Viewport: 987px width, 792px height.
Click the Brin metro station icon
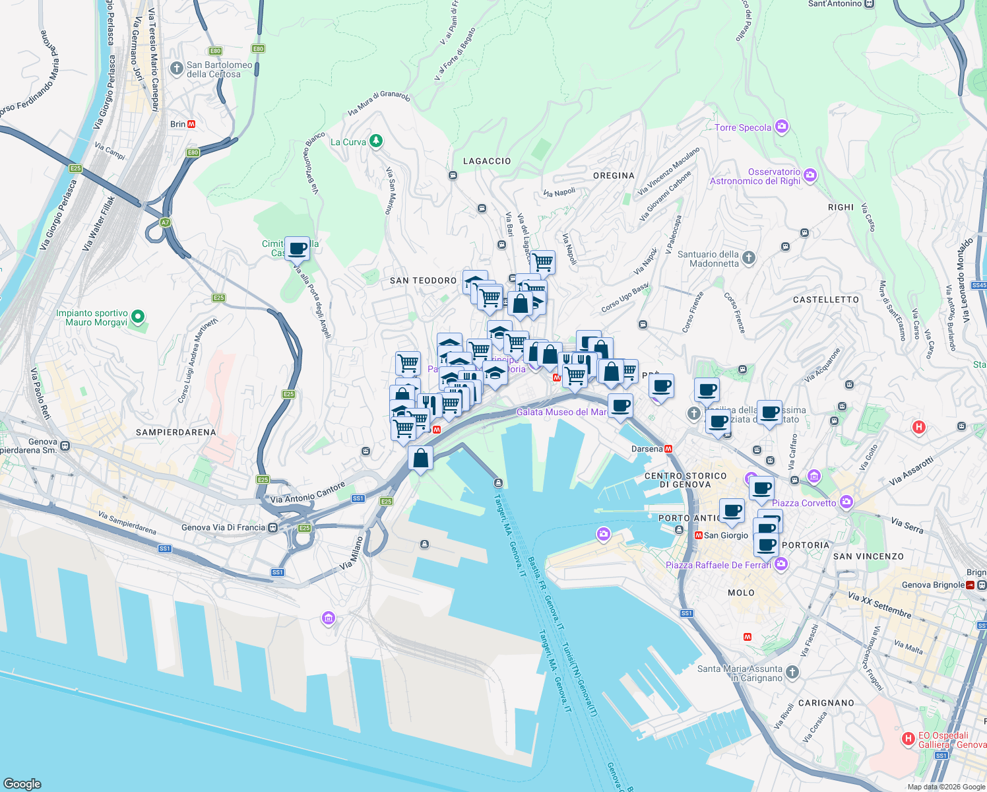click(191, 124)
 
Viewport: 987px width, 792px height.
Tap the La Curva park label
click(348, 142)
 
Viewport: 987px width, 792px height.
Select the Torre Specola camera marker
click(782, 126)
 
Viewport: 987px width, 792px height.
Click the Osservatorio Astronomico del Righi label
click(755, 177)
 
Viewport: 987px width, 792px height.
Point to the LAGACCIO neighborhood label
click(487, 161)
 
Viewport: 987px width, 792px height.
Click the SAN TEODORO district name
click(423, 280)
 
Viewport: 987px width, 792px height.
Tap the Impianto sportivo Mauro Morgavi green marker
click(138, 317)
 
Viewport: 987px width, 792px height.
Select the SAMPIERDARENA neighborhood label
click(175, 432)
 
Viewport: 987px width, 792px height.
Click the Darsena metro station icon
click(668, 449)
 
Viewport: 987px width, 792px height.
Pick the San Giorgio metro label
click(726, 535)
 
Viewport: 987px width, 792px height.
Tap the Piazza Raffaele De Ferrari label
click(718, 565)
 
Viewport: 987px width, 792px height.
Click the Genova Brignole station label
click(933, 585)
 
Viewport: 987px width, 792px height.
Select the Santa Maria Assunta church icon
click(792, 673)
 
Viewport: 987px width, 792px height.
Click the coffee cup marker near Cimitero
click(297, 249)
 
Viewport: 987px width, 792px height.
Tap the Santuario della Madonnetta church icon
click(748, 257)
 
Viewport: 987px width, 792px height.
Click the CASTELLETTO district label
click(826, 300)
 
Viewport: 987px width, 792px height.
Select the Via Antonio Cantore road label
click(307, 492)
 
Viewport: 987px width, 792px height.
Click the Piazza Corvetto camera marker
click(846, 502)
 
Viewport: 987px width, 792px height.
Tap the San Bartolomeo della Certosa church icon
click(176, 68)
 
